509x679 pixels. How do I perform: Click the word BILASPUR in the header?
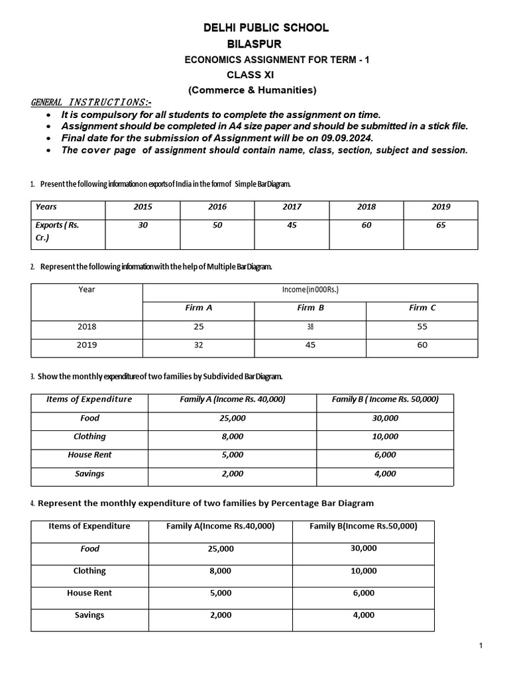click(254, 44)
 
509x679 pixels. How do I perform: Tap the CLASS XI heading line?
click(251, 75)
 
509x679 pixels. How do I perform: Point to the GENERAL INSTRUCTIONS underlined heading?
click(91, 102)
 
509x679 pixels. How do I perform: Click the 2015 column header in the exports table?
click(143, 207)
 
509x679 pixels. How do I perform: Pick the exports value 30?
click(143, 225)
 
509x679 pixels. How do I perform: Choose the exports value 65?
click(441, 225)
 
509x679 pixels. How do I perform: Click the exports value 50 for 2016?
click(217, 225)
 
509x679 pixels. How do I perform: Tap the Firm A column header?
click(199, 308)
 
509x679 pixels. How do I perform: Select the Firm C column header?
click(423, 308)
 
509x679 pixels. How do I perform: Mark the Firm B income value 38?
click(311, 327)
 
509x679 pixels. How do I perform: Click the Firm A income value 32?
click(199, 345)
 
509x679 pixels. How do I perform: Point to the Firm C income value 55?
click(423, 327)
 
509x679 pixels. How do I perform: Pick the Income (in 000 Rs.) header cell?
click(311, 290)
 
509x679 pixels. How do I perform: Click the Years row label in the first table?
click(46, 207)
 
